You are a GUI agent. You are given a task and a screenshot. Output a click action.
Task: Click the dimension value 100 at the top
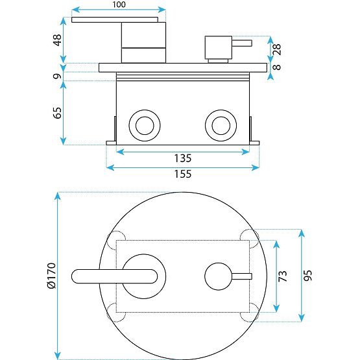(x=119, y=5)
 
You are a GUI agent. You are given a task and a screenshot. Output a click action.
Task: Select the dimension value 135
(x=183, y=158)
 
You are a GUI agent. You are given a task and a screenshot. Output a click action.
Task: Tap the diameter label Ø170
(x=51, y=276)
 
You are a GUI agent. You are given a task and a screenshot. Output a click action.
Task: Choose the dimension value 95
(x=309, y=275)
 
